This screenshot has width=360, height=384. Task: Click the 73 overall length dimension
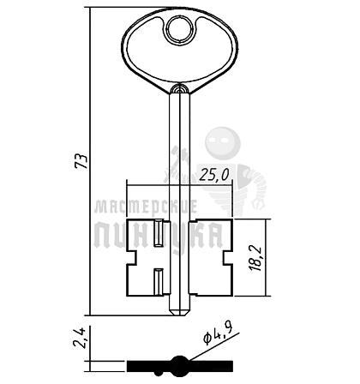(81, 161)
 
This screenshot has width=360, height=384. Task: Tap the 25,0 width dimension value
(214, 175)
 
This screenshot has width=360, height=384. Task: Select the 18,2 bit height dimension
(255, 258)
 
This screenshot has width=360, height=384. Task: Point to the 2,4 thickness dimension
(80, 338)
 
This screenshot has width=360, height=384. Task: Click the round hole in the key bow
(180, 30)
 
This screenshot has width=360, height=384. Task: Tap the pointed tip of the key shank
(180, 315)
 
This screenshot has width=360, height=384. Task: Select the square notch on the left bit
(132, 257)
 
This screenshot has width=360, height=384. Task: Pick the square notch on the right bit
(228, 257)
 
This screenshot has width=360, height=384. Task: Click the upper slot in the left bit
(159, 233)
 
